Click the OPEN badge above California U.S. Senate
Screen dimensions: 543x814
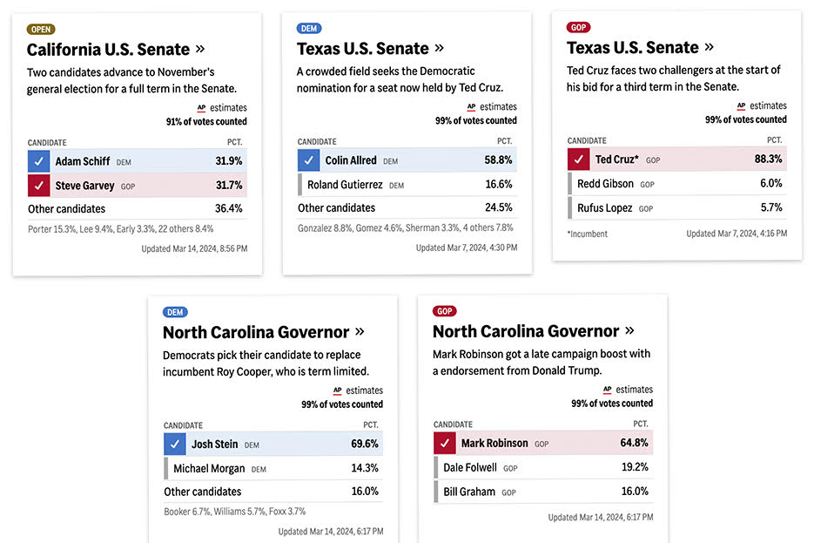(x=41, y=29)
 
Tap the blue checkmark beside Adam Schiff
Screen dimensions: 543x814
(x=38, y=161)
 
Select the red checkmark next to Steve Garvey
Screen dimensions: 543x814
(x=38, y=185)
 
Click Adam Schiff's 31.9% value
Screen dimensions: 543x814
(x=229, y=161)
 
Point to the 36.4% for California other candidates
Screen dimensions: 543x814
(x=229, y=208)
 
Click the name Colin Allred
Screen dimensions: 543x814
(x=351, y=160)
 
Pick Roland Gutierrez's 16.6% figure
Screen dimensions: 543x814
(x=499, y=184)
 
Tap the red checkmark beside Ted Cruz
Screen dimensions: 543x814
(x=578, y=160)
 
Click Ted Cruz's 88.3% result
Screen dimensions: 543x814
(x=768, y=160)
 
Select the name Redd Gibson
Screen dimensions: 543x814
(x=605, y=184)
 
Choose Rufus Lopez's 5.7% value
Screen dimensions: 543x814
(x=770, y=207)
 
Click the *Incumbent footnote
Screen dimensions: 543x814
(x=587, y=234)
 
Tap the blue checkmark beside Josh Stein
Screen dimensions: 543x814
(x=175, y=444)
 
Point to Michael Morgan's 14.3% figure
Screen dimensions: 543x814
(x=364, y=468)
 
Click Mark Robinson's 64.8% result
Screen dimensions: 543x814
(x=634, y=443)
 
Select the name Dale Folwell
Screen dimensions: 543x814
(x=470, y=467)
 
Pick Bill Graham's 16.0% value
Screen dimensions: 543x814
(x=634, y=492)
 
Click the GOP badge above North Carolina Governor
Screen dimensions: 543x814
(x=445, y=311)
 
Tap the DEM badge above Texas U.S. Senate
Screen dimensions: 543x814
(x=309, y=28)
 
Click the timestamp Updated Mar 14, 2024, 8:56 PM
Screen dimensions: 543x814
(x=194, y=248)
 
